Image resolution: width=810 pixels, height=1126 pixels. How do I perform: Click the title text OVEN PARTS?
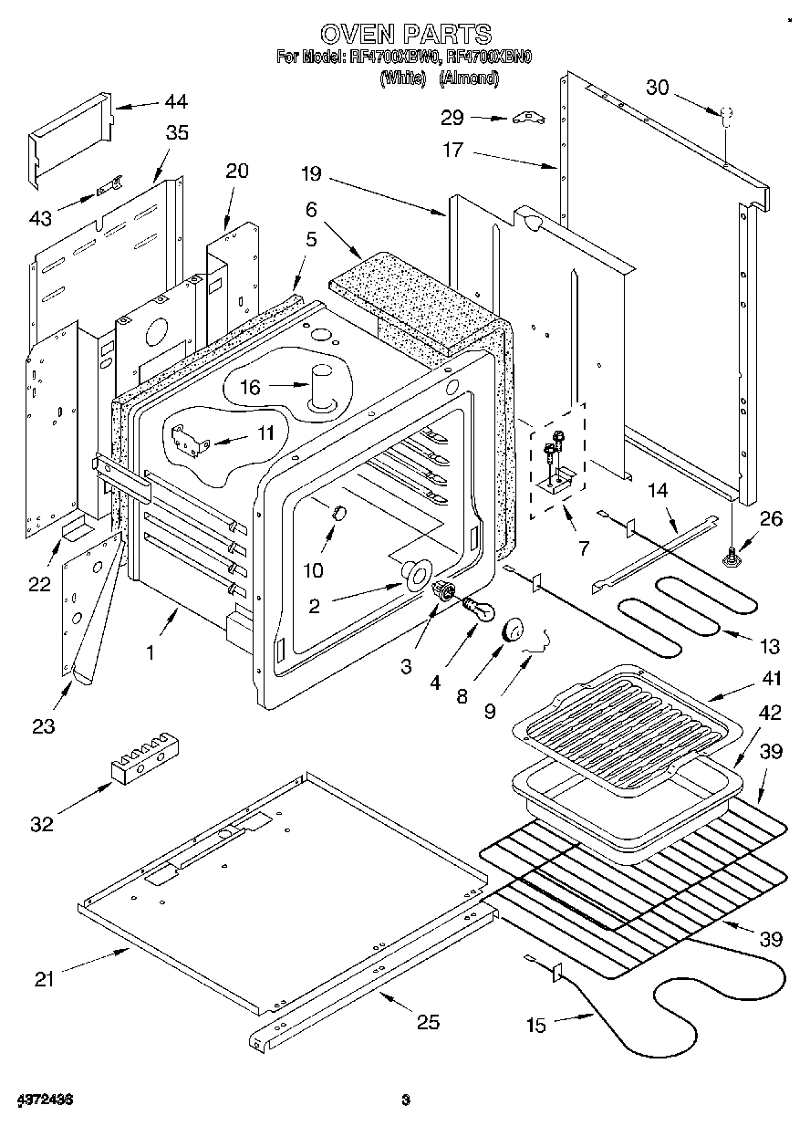(x=406, y=35)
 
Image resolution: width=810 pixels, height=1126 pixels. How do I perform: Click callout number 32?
(x=42, y=824)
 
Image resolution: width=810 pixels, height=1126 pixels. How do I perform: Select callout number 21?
(x=45, y=980)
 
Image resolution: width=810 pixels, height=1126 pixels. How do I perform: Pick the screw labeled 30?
(x=727, y=116)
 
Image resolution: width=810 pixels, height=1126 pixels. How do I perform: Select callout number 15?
(x=536, y=1026)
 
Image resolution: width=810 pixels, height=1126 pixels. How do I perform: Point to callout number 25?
(x=427, y=1022)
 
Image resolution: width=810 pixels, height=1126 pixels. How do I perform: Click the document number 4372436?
(x=44, y=1100)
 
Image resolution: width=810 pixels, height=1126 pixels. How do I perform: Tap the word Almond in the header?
(x=469, y=78)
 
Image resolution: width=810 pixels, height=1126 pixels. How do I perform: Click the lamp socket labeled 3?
(x=444, y=590)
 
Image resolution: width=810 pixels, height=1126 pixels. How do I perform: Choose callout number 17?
(x=453, y=150)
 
